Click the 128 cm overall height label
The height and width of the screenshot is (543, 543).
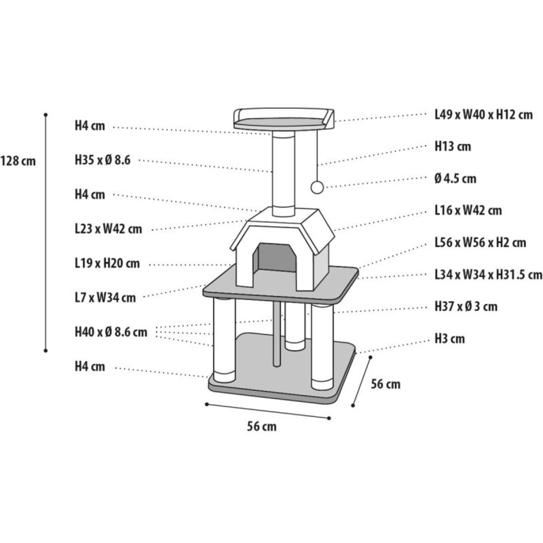(18, 161)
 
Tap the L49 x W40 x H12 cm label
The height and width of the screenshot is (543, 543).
(483, 115)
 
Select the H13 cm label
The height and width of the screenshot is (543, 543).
(453, 147)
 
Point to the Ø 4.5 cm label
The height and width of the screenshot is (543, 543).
(455, 179)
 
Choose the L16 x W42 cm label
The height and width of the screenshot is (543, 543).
(468, 211)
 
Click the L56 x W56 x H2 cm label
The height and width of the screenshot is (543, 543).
(480, 243)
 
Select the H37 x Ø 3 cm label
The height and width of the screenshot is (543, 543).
(466, 307)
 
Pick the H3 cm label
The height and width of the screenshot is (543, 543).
(450, 339)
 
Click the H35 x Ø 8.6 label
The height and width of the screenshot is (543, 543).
(103, 161)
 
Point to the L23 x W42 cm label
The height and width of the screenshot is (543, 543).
(108, 229)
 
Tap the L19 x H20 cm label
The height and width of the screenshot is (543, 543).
(107, 264)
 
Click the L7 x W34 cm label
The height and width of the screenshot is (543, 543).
(105, 298)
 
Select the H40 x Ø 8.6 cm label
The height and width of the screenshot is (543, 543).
(111, 332)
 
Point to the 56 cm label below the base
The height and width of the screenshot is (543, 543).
(262, 434)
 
